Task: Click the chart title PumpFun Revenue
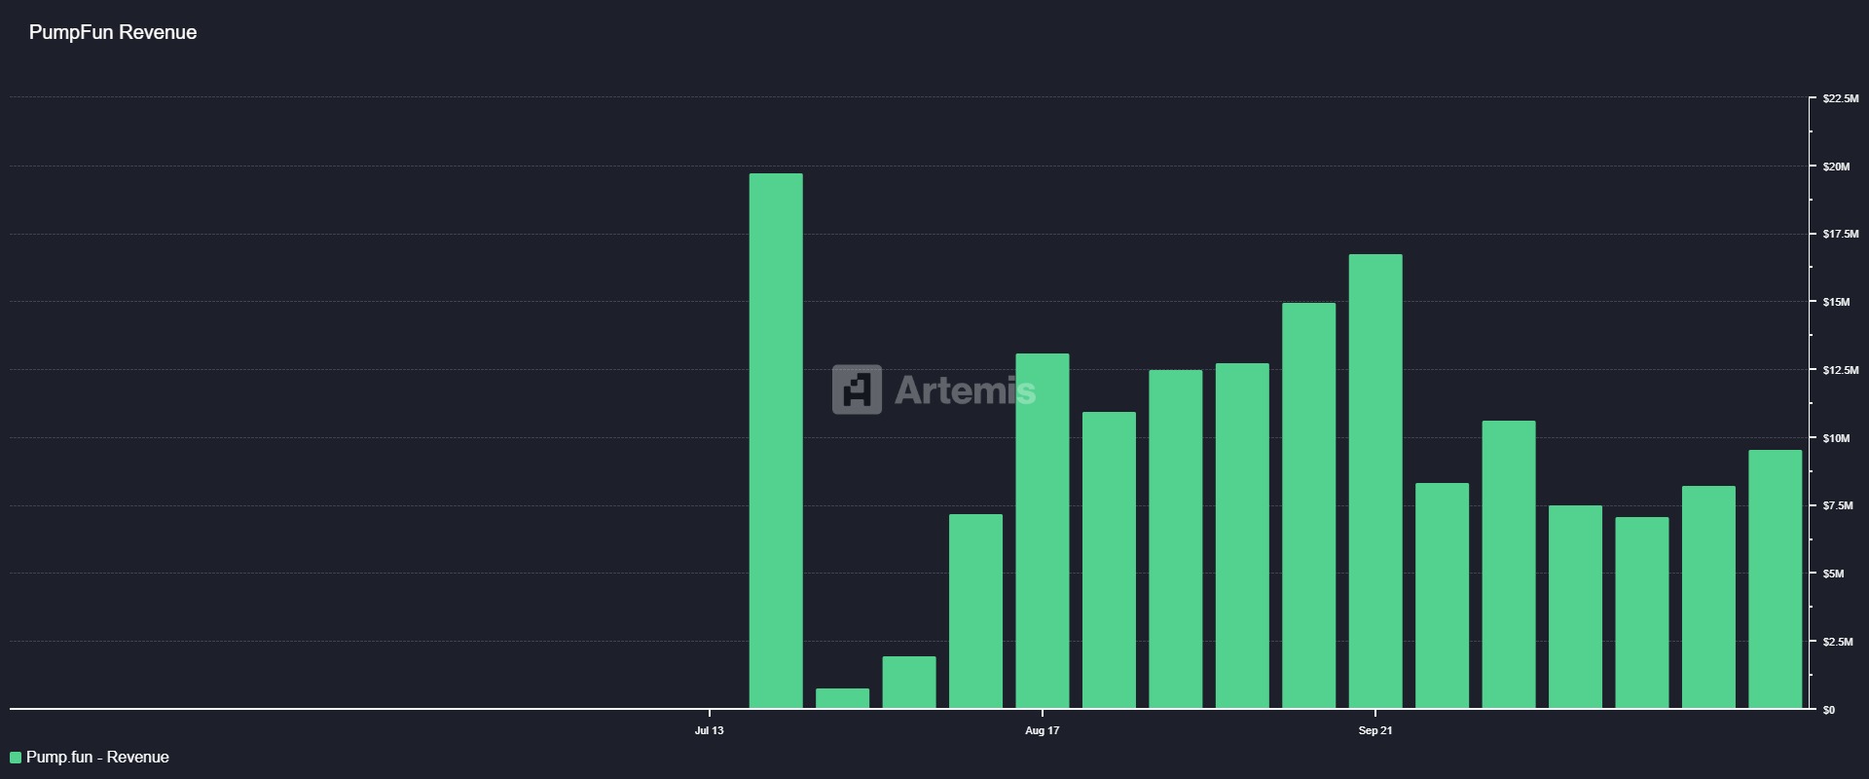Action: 113,32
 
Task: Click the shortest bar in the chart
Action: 842,698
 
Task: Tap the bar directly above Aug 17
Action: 1042,531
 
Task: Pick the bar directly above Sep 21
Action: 1375,481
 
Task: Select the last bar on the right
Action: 1775,578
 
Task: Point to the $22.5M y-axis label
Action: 1840,98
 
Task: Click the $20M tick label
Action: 1836,167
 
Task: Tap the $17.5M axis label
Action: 1840,234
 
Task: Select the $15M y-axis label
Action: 1836,302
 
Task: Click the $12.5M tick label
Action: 1840,370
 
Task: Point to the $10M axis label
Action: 1836,438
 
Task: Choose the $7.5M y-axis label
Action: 1838,505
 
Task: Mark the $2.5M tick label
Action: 1838,642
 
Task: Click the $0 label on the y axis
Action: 1829,710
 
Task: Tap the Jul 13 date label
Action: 710,730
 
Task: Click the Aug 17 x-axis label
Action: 1042,730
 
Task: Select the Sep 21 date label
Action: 1375,730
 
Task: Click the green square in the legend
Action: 16,758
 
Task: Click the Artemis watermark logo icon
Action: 857,389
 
